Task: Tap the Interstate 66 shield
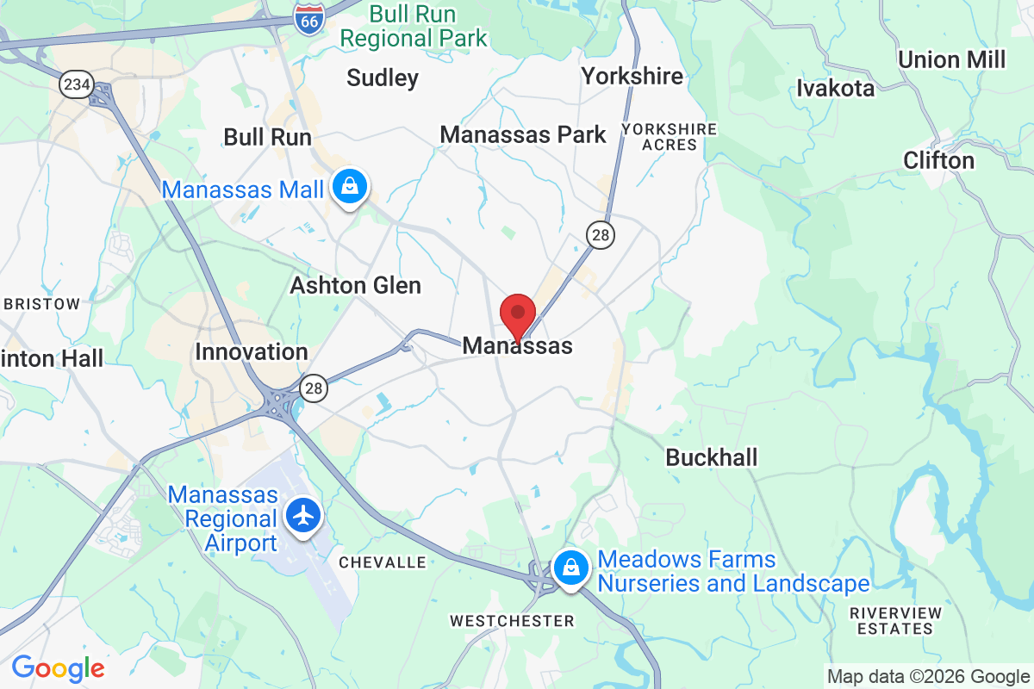[x=308, y=18]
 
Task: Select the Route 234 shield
[x=75, y=84]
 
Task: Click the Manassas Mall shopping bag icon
[x=350, y=187]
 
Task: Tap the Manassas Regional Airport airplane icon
[x=302, y=516]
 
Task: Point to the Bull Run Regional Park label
[x=413, y=27]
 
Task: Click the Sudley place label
[x=383, y=78]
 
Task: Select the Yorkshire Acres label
[x=670, y=137]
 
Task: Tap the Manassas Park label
[x=523, y=134]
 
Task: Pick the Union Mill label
[x=951, y=59]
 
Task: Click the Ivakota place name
[x=835, y=88]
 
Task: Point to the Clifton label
[x=938, y=160]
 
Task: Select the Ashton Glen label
[x=355, y=285]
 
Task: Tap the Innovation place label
[x=252, y=351]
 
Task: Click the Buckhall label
[x=712, y=457]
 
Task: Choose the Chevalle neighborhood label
[x=383, y=562]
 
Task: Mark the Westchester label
[x=512, y=621]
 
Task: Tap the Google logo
[x=58, y=667]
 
